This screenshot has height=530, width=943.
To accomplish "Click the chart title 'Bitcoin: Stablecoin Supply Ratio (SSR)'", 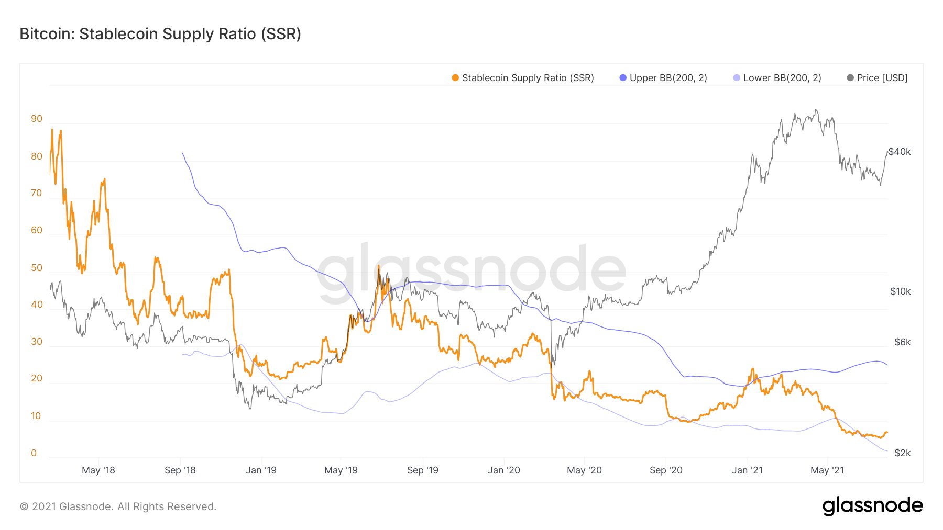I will coord(160,34).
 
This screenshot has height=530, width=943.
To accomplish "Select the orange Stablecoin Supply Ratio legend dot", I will coord(455,78).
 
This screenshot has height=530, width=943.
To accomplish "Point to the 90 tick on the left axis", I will coord(37,119).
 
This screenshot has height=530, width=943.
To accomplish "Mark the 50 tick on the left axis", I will coord(37,268).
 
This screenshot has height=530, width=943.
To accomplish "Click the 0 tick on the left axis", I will coord(34,453).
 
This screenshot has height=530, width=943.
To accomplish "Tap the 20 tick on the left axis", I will coord(37,378).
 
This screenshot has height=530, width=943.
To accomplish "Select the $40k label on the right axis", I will coord(900,152).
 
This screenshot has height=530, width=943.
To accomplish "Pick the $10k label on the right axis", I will coord(900,291).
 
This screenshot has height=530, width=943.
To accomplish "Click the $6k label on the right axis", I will coord(902,342).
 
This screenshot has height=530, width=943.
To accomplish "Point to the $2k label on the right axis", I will coord(902,453).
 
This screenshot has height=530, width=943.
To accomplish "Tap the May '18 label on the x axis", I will coord(98,470).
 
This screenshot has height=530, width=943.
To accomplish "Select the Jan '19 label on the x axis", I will coord(261,470).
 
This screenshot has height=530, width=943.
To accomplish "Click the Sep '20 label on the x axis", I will coord(666,470).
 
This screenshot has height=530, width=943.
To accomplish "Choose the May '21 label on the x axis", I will coord(827,470).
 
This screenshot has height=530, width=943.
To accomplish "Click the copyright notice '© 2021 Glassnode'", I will coord(118,506).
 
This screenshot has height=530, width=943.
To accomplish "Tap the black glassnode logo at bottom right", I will coord(872,506).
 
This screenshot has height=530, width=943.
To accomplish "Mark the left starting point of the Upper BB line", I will coord(182,153).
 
